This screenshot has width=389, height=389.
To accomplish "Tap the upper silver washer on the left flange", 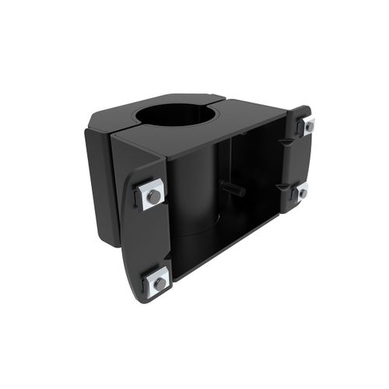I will coord(152,194).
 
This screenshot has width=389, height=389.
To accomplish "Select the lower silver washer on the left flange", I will coord(158,282).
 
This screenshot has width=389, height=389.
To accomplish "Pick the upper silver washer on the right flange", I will coord(308,126).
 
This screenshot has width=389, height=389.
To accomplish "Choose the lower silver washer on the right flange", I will coord(302,190).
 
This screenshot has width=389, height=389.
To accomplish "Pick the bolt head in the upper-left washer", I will coord(154,196).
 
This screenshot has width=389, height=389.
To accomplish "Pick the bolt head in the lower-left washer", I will coord(159,283).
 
